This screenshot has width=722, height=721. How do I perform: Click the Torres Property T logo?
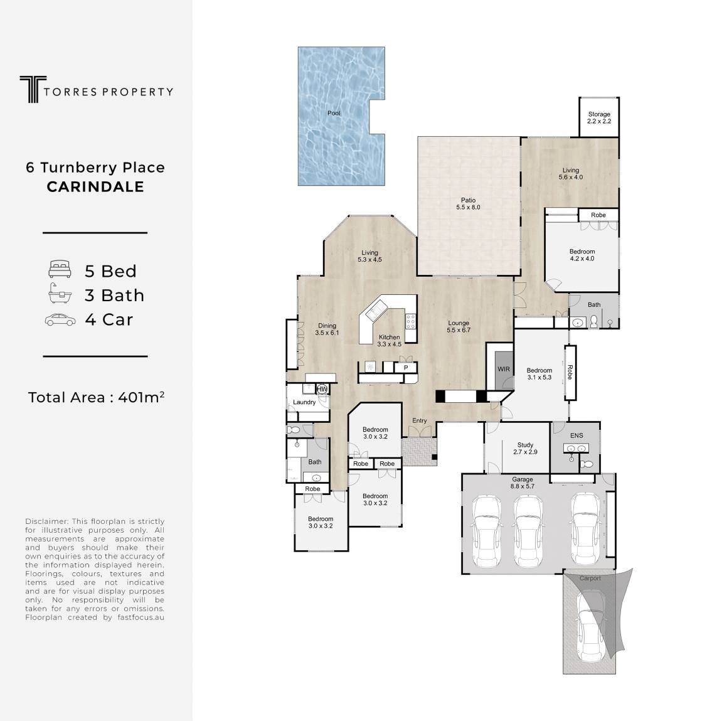pos(33,89)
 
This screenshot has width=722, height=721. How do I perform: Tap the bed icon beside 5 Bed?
pos(60,269)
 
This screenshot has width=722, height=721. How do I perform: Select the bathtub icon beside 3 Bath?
pos(60,294)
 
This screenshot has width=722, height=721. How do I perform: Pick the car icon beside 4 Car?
pos(60,320)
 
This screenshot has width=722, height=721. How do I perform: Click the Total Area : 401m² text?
pos(96,397)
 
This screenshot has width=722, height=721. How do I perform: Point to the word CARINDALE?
pos(95,186)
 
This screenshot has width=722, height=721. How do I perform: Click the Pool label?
pos(334,114)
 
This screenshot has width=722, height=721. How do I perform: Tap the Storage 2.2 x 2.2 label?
pos(599,117)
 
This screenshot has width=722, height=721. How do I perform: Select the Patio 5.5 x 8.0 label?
pos(469,204)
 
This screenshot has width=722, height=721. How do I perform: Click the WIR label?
pos(504,369)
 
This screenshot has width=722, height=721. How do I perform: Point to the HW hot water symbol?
pos(322,389)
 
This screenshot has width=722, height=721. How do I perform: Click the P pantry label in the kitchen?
pos(406,368)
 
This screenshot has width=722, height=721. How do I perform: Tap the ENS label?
pos(576,435)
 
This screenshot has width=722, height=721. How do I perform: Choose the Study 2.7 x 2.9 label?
pos(526,448)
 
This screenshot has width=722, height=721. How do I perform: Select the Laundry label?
pos(304,402)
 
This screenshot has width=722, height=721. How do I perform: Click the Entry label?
pos(420,420)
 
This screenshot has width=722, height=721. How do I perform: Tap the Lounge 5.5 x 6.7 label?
pos(459,326)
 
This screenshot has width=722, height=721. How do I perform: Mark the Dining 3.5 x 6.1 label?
pos(327,329)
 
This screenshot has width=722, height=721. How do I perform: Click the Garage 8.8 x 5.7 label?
pos(522,483)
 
